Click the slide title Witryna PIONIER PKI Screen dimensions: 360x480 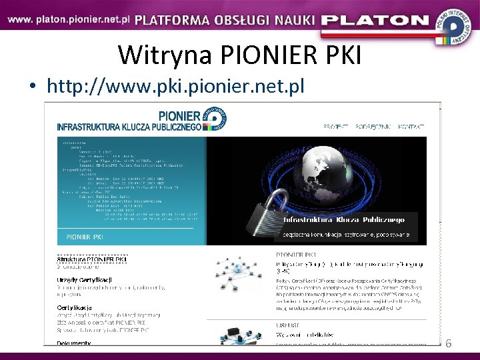[239, 55]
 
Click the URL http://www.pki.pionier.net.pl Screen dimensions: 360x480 [175, 86]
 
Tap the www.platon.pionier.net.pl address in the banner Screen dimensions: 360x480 [69, 19]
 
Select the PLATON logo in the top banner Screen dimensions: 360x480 [375, 20]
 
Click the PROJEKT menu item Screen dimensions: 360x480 [337, 126]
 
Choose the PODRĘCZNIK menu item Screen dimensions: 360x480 [373, 126]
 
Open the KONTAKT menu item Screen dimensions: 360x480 [412, 126]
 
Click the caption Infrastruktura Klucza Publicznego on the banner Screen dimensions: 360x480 [345, 219]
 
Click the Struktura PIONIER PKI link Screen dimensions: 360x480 [92, 259]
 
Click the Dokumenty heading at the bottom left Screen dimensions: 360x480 [73, 343]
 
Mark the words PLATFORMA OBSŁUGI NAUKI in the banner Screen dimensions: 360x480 [224, 19]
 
